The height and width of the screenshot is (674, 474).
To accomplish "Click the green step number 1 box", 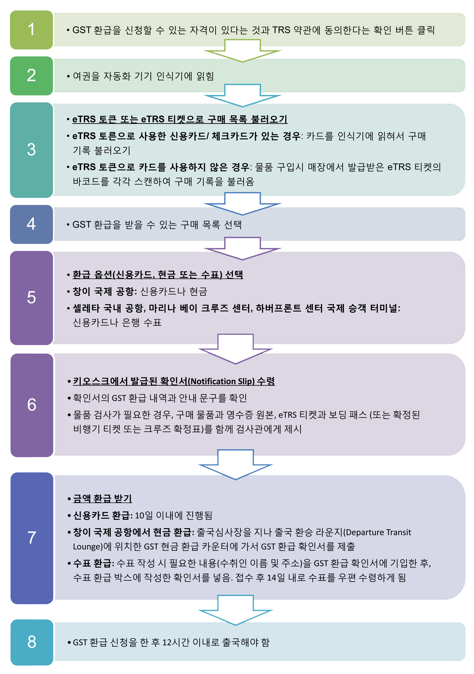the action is pos(31,30).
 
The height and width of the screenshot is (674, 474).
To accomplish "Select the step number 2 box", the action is pos(31,76).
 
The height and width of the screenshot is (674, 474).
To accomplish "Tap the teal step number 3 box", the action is pos(31,150).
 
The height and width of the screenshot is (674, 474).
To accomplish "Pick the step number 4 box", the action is pos(31,224).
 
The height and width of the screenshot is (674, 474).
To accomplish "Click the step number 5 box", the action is pos(31,298).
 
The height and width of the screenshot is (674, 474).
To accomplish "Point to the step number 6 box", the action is pos(32,405).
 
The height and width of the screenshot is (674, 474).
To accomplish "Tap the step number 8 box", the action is pos(32,642).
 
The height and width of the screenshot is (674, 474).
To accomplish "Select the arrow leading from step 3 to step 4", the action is pos(242,204).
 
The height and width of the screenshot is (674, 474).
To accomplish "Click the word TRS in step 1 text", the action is pos(281,30).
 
